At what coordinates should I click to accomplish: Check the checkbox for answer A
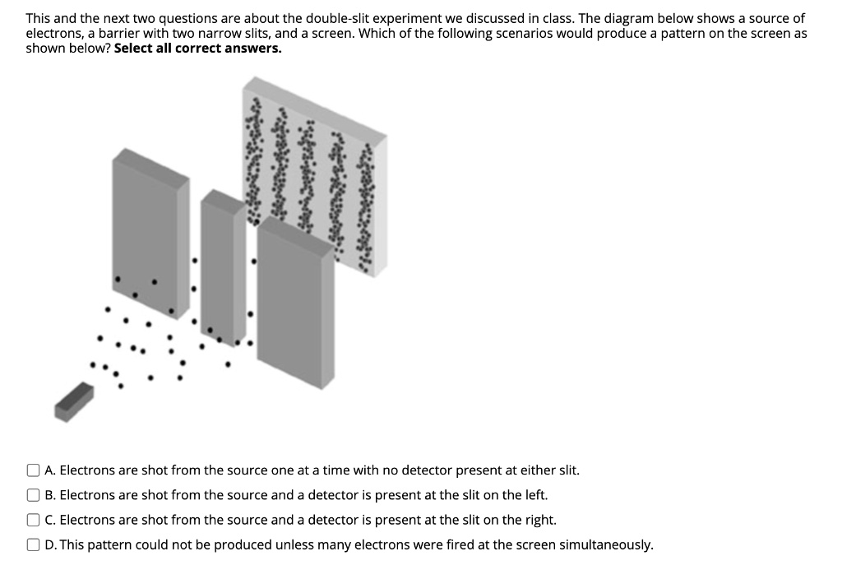pos(33,470)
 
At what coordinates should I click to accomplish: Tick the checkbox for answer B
pos(33,495)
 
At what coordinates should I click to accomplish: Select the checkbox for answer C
pos(33,520)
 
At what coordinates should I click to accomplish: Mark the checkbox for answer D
pos(33,544)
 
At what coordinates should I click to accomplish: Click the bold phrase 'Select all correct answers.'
pos(197,48)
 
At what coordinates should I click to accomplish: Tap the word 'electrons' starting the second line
pos(53,33)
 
